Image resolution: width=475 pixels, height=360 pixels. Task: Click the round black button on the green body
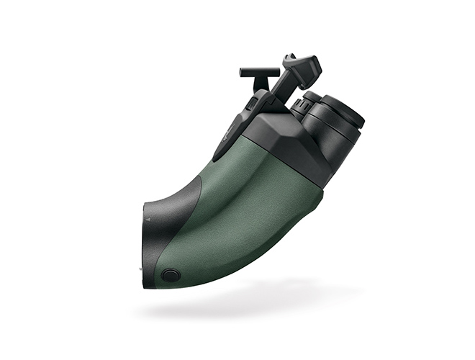coord(171,274)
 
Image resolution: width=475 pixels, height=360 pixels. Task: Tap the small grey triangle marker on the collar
coord(146,216)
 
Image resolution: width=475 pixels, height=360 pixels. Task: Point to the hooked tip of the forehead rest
coord(289,57)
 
